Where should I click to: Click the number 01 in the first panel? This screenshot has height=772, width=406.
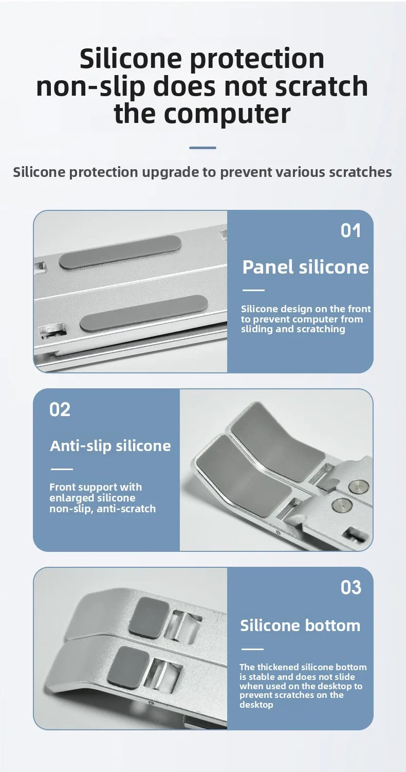click(350, 230)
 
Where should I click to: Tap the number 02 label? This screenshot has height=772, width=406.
click(60, 410)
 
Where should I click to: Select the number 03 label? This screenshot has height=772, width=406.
click(350, 587)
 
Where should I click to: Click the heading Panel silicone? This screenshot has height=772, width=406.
click(305, 267)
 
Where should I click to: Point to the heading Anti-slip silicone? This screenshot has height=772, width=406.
click(110, 445)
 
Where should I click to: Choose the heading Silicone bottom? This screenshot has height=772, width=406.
click(300, 625)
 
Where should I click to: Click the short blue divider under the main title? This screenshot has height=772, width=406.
click(202, 148)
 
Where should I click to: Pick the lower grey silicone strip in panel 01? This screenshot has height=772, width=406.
click(143, 313)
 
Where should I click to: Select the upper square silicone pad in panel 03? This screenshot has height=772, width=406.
click(149, 616)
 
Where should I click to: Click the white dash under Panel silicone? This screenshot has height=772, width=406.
click(253, 290)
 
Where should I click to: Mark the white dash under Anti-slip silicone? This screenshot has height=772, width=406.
click(61, 469)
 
